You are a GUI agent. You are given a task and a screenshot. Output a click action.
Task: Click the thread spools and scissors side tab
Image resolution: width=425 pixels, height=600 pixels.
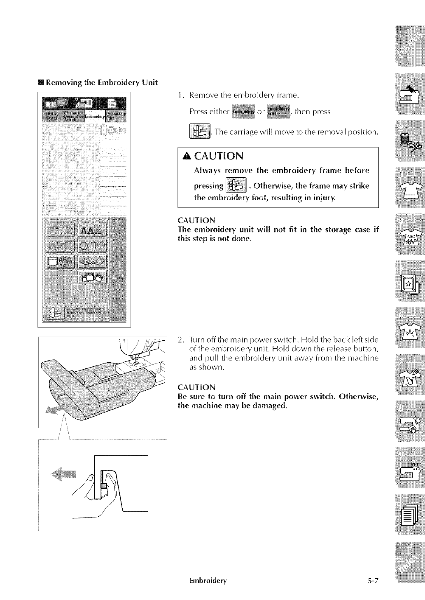[x=409, y=141]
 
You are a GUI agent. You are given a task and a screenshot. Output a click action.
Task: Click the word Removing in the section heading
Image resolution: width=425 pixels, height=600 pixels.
[x=62, y=70]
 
